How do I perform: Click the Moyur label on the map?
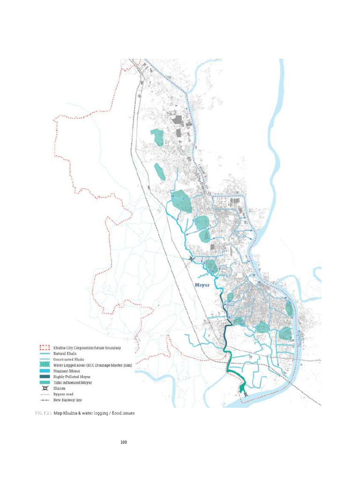point(203,285)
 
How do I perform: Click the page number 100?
point(124,442)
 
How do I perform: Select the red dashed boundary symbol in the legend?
point(44,348)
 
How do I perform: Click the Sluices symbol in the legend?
point(44,389)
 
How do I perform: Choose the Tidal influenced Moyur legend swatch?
point(44,382)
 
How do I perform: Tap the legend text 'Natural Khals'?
point(65,353)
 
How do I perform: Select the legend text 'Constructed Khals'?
point(68,359)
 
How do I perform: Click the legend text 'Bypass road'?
point(64,394)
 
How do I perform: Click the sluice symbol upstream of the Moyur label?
point(191,258)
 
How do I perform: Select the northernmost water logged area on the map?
point(157,136)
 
